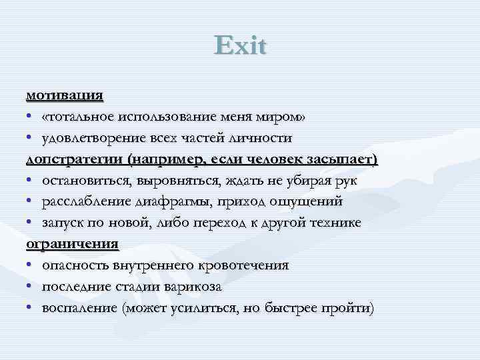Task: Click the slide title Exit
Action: click(240, 46)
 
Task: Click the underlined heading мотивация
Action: click(65, 95)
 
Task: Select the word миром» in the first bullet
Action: click(285, 117)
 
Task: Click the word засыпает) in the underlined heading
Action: click(339, 159)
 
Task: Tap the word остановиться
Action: click(89, 181)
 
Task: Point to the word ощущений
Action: click(305, 202)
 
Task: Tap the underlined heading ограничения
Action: click(72, 244)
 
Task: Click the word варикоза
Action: click(190, 287)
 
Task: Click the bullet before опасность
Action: click(30, 266)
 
